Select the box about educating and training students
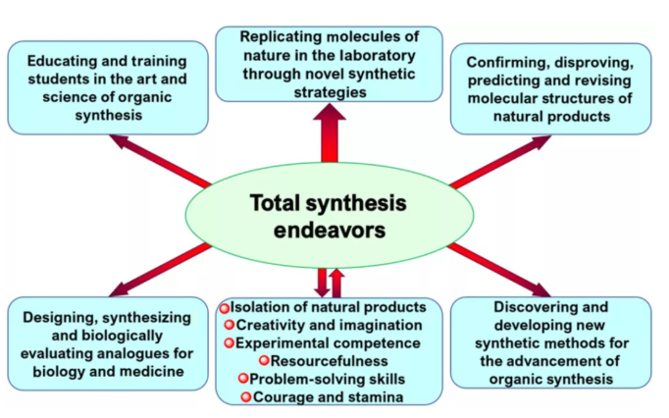(x=108, y=87)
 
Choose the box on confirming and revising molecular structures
(x=550, y=88)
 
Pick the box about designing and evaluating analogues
(x=108, y=344)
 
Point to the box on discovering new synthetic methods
(x=550, y=343)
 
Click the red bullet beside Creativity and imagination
(x=230, y=325)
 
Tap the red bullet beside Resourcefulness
(x=250, y=360)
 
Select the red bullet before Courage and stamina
(x=245, y=396)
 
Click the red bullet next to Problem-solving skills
(x=241, y=378)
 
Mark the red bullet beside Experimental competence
(x=230, y=342)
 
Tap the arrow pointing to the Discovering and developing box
(x=500, y=269)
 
